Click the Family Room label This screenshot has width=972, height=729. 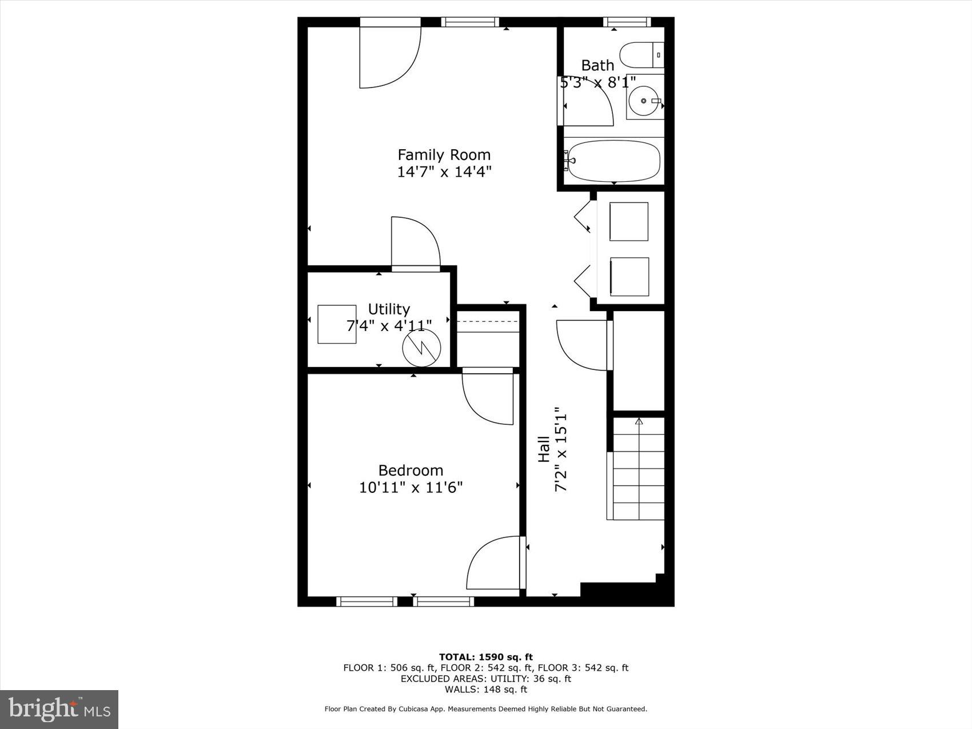click(x=444, y=155)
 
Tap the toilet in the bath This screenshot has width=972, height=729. click(x=641, y=55)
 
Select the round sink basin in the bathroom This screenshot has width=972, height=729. click(x=644, y=101)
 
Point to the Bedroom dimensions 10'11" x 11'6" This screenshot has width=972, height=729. click(x=411, y=488)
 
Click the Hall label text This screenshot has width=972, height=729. click(x=544, y=449)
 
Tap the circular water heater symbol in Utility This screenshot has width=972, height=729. click(x=421, y=349)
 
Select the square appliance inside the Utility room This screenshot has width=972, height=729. click(x=337, y=324)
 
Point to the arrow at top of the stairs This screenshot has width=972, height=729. click(x=639, y=422)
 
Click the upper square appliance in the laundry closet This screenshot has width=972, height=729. click(x=628, y=221)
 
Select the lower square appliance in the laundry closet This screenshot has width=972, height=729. click(x=629, y=277)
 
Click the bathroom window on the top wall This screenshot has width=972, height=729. click(x=627, y=22)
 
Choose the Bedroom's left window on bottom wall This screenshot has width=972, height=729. click(x=367, y=601)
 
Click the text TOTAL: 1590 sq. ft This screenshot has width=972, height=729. click(x=485, y=657)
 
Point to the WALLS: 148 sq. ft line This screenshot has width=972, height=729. click(x=485, y=690)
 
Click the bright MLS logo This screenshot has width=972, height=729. click(x=59, y=710)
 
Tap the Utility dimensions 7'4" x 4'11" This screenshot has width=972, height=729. click(x=389, y=326)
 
